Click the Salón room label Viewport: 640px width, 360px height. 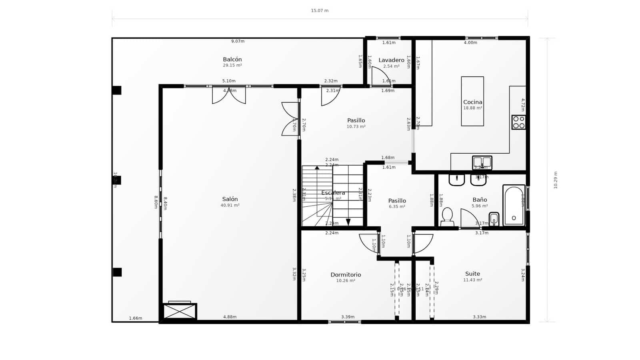coord(230,199)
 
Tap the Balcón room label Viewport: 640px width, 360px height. coord(232,60)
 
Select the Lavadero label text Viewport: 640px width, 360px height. coord(391,60)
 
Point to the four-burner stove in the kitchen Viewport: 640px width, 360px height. coord(519,122)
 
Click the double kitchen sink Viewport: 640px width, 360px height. coord(482,162)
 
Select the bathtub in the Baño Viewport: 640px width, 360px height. coord(514,205)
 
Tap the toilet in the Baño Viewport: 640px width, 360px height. coord(447,216)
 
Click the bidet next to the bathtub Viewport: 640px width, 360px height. coord(494,219)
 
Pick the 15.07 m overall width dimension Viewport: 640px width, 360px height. coord(320,11)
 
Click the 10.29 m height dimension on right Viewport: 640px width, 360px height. coord(555,180)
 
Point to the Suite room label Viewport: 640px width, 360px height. coord(472,274)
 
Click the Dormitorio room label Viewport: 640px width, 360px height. coord(346,275)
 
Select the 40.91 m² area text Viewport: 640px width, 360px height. coord(230,206)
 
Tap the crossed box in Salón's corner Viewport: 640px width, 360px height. coord(180,312)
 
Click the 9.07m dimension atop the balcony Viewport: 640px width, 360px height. coord(238,41)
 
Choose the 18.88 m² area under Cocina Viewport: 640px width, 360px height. coord(472,108)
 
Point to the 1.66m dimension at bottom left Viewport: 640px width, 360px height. coord(136,318)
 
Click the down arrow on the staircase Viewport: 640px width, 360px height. coord(348,222)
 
